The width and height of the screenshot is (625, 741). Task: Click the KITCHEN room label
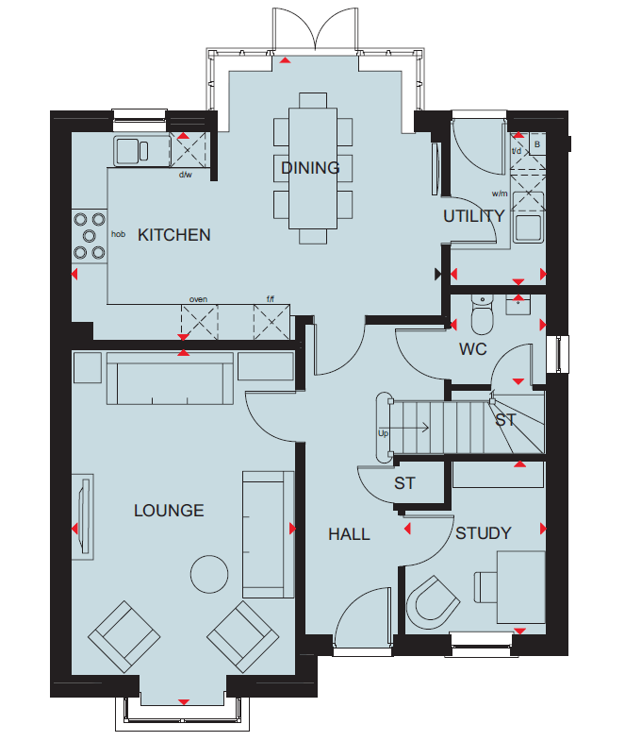coord(173,235)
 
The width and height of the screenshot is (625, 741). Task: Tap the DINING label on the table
coord(310,168)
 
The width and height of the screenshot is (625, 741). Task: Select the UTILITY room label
coord(474,216)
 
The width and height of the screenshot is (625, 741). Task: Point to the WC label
coord(472,349)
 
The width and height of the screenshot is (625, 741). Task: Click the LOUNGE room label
coord(169,511)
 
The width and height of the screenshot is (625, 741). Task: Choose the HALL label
coord(349,534)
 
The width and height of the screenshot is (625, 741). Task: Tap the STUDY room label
coord(484,533)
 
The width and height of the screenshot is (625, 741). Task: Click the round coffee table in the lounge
coord(209,574)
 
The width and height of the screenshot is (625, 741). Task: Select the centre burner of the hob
coord(90,236)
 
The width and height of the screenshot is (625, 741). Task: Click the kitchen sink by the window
coord(132,151)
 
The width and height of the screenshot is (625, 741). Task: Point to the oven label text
coord(198,299)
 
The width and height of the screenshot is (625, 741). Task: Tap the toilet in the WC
coord(482,314)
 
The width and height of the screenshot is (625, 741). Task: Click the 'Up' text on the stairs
coord(384,433)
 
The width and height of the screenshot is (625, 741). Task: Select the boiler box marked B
coord(537,144)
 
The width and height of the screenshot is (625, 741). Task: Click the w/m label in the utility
coord(500,194)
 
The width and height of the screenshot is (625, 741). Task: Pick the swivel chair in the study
coord(432,602)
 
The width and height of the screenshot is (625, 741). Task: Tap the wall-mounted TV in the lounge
coord(84,516)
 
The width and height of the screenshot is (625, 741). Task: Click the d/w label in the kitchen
coord(186,175)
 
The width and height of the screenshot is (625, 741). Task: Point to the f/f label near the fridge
coord(271,299)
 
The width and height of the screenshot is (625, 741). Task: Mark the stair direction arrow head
coord(425,429)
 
